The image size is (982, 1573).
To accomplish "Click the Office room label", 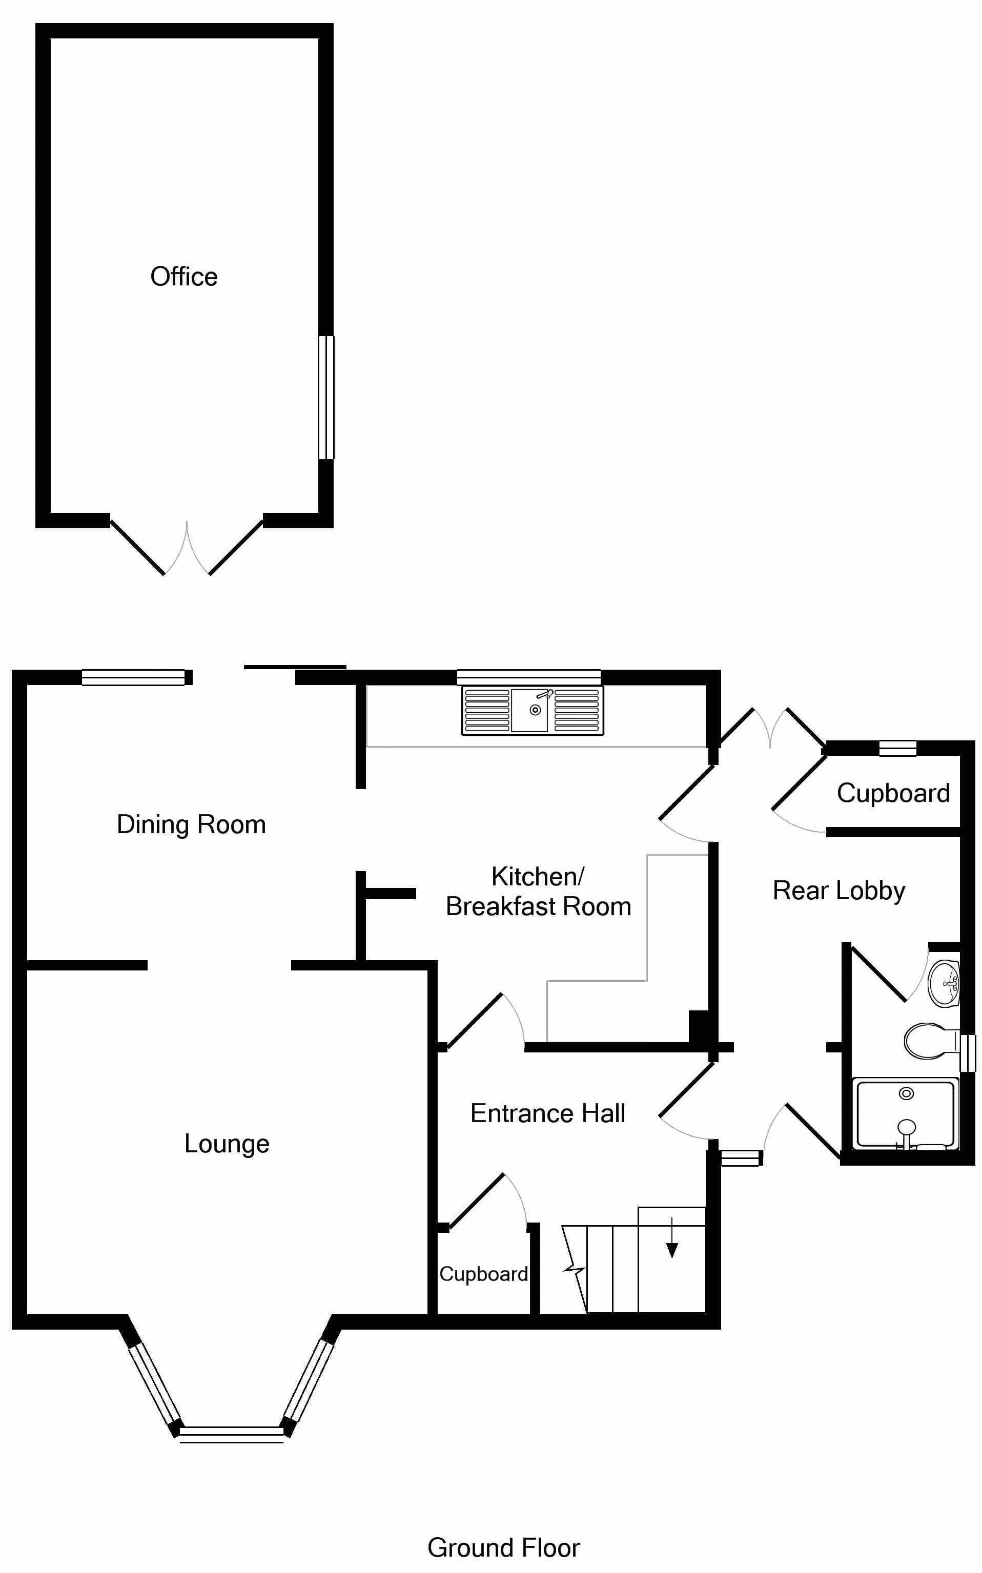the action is pos(184,277).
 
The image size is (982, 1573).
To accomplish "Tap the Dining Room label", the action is pos(191,824).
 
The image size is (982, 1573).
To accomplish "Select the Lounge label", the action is pos(227,1143).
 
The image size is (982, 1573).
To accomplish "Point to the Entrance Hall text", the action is pos(547,1113).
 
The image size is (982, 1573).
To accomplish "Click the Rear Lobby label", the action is pos(838,891).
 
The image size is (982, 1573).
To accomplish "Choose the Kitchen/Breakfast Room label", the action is pos(538,892).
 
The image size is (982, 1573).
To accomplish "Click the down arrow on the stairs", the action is pos(671,1247).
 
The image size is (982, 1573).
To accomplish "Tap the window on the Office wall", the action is pos(326,397).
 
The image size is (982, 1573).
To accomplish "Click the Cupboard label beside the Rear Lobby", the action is pos(893,793).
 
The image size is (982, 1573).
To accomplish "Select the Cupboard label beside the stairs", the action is pos(483,1274).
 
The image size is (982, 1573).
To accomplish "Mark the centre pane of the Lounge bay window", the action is pos(231,1432).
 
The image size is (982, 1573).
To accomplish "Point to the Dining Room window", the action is pos(134,678).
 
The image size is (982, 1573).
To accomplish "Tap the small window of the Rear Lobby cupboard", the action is pos(897,749).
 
